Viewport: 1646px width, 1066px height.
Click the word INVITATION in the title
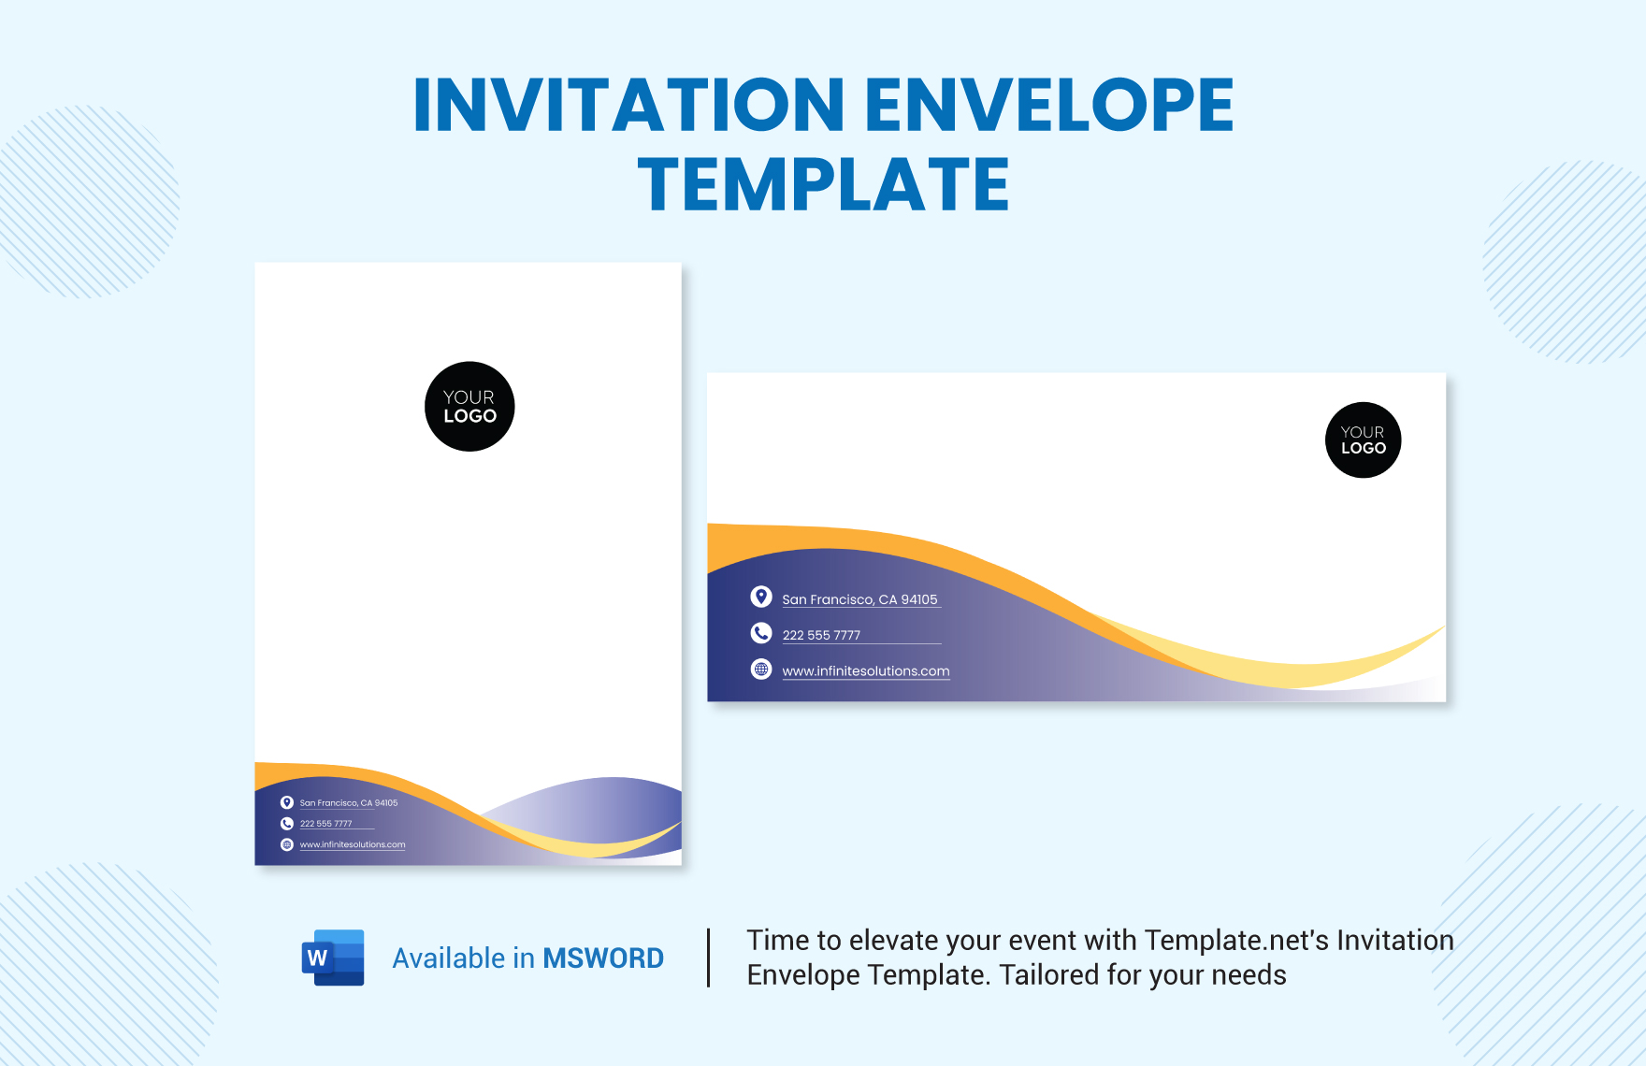tap(628, 105)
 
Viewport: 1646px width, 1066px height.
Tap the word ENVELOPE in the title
tap(1048, 105)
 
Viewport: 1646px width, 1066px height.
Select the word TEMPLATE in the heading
tap(823, 185)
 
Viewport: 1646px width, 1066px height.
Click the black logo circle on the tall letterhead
tap(469, 407)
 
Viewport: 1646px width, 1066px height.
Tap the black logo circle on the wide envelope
tap(1363, 440)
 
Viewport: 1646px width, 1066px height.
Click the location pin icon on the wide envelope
tap(761, 597)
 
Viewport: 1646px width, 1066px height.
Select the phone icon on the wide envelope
tap(761, 633)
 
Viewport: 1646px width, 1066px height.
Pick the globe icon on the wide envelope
tap(761, 670)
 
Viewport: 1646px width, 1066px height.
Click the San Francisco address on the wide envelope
tap(859, 599)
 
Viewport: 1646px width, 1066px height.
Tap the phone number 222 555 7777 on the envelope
tap(821, 635)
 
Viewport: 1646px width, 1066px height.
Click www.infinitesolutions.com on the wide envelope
tap(866, 671)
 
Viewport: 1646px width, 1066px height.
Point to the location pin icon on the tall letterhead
tap(287, 802)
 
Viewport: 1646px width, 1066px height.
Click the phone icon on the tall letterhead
tap(287, 824)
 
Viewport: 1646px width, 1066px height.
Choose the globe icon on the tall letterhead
tap(287, 844)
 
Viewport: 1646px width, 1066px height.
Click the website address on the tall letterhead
tap(353, 844)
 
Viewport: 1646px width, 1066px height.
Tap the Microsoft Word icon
tap(333, 958)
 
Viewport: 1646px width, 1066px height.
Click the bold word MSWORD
tap(603, 958)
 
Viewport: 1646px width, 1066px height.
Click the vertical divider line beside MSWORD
tap(709, 958)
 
